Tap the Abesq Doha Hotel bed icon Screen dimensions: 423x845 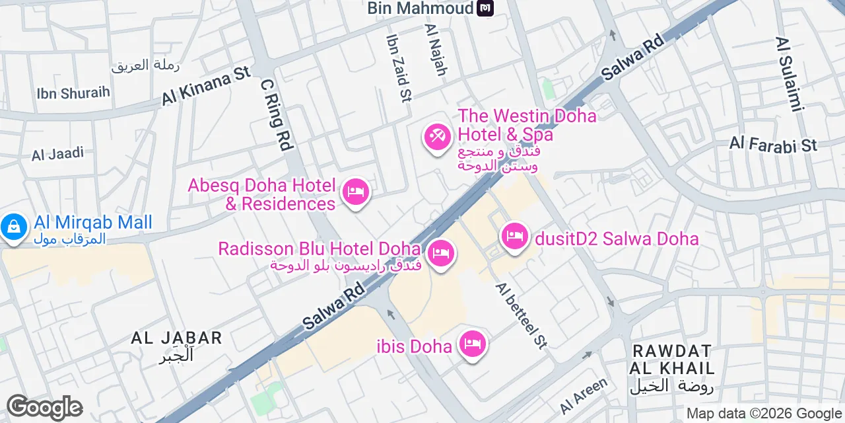pyautogui.click(x=356, y=192)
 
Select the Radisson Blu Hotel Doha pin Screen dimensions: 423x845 pyautogui.click(x=441, y=252)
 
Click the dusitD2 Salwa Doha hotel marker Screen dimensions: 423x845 pyautogui.click(x=515, y=235)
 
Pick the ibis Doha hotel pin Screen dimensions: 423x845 pyautogui.click(x=473, y=343)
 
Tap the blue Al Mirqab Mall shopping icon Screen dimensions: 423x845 pyautogui.click(x=12, y=227)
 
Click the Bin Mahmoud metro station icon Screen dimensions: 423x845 pyautogui.click(x=485, y=9)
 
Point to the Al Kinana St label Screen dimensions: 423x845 pyautogui.click(x=207, y=86)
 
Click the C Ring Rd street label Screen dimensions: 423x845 pyautogui.click(x=277, y=114)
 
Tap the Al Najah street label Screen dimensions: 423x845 pyautogui.click(x=436, y=50)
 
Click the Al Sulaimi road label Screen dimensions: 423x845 pyautogui.click(x=790, y=73)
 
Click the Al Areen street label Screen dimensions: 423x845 pyautogui.click(x=584, y=395)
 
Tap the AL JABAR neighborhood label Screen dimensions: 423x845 pyautogui.click(x=176, y=338)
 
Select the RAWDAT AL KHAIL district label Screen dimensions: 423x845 pyautogui.click(x=672, y=359)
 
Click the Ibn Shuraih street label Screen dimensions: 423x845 pyautogui.click(x=73, y=93)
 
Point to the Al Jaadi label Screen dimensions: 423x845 pyautogui.click(x=58, y=154)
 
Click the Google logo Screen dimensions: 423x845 pyautogui.click(x=44, y=408)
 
